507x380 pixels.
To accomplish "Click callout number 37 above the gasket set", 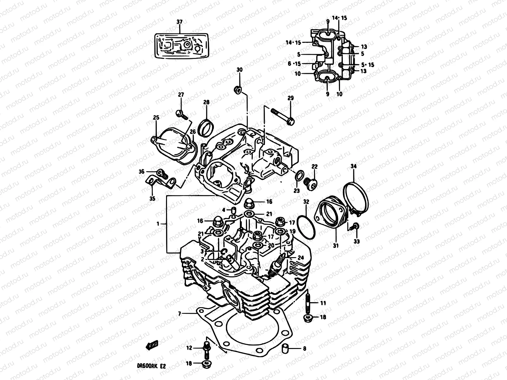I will pyautogui.click(x=179, y=22).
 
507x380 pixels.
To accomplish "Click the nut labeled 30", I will pyautogui.click(x=238, y=90).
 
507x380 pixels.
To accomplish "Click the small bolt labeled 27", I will pyautogui.click(x=181, y=113).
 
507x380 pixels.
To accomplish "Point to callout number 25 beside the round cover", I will pyautogui.click(x=156, y=117).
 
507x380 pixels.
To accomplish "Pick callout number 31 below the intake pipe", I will pyautogui.click(x=336, y=245).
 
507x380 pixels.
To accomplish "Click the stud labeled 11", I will pyautogui.click(x=308, y=303).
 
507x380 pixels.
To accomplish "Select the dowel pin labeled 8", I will pyautogui.click(x=285, y=349).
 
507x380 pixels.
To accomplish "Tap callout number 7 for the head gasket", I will pyautogui.click(x=179, y=314).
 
